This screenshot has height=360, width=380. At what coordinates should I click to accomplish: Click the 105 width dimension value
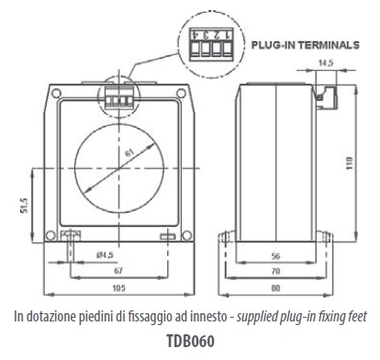pos(118,288)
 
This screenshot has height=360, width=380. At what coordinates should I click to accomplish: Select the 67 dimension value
pos(118,271)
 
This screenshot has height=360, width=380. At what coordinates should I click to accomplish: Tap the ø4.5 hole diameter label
pos(105,254)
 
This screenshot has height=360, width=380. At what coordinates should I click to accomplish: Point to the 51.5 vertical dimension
pos(25,206)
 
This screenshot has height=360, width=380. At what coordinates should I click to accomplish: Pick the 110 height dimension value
pos(350,163)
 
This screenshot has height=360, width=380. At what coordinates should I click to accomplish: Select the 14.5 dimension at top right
pos(326,63)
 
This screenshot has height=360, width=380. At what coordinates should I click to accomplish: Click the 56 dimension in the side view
pos(275,255)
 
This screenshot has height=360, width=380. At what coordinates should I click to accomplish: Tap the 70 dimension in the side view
pos(275,271)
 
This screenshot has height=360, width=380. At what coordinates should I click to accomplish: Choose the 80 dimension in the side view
pos(275,288)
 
